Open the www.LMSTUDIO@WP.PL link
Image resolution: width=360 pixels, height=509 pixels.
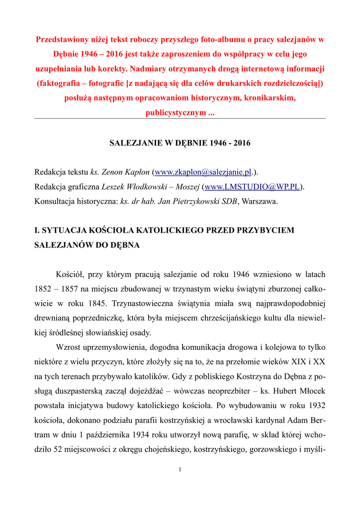[x=252, y=186]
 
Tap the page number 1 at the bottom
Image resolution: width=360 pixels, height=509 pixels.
[x=180, y=470]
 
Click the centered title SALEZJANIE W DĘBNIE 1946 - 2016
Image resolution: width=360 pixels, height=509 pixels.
[x=180, y=143]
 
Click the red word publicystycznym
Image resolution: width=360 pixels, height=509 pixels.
[x=173, y=112]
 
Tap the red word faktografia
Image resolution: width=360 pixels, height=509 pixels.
[x=60, y=83]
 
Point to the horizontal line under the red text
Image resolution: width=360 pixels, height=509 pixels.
[x=180, y=118]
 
